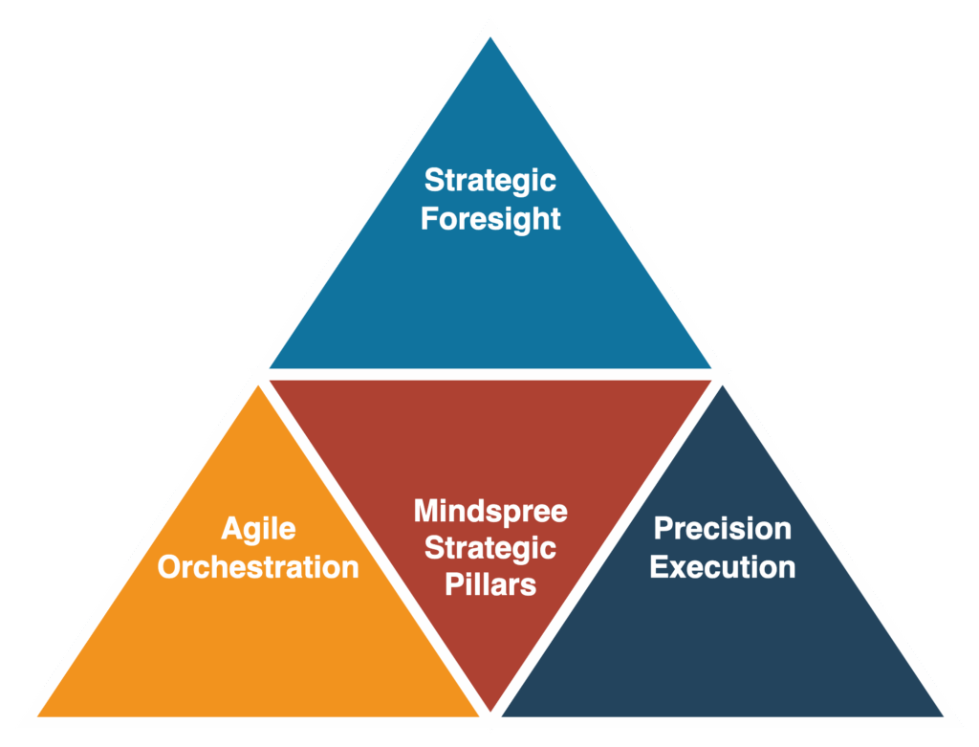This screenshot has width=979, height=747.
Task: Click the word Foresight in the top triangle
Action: (x=490, y=219)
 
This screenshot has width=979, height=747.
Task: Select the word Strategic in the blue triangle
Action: (x=490, y=181)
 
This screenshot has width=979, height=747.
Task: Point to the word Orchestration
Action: (x=258, y=567)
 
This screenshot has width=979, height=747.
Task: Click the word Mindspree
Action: (x=490, y=512)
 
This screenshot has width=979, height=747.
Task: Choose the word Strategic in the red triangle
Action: (x=490, y=548)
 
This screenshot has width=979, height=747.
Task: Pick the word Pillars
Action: (x=490, y=584)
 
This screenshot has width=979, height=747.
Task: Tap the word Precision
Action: (x=723, y=528)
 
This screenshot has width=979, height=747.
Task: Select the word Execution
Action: (x=723, y=567)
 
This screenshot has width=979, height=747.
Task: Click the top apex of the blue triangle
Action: (x=490, y=37)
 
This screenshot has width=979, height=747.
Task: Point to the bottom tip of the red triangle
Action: (x=490, y=711)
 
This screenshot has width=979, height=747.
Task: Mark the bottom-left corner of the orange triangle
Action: (x=37, y=715)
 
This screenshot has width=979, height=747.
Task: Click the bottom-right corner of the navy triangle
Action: (x=943, y=715)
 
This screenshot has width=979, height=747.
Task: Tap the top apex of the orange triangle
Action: (x=258, y=385)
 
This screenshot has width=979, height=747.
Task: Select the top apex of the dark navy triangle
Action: (x=723, y=385)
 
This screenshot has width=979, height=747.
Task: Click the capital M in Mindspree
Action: (x=426, y=511)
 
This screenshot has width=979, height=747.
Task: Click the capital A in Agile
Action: (x=232, y=528)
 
